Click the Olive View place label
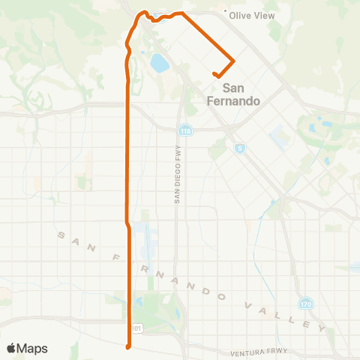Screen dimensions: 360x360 252,15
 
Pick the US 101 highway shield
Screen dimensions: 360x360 135,327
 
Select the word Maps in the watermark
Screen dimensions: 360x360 34,348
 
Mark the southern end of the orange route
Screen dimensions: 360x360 129,346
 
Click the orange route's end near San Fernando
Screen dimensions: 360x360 215,74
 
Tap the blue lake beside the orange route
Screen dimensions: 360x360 160,63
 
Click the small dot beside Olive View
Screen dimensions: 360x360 226,12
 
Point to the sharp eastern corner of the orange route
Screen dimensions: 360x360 235,61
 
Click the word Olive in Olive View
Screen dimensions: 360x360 241,15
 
